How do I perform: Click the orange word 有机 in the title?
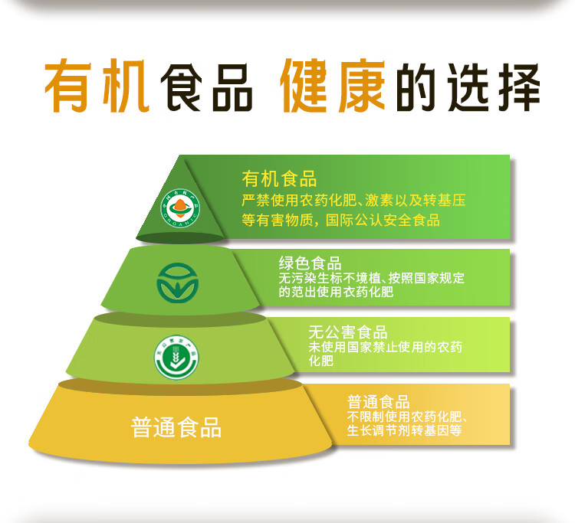coord(95,86)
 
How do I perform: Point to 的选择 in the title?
coord(468,86)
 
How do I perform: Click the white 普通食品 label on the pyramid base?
coord(176,427)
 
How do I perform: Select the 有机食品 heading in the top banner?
coord(279,180)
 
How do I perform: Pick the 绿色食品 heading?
coord(310,263)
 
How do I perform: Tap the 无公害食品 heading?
coord(348,332)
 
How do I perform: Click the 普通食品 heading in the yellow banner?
coord(379,402)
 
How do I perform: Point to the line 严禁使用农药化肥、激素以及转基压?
coord(353,201)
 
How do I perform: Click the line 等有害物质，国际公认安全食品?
coord(340,221)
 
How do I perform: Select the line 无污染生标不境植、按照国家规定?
coord(371,278)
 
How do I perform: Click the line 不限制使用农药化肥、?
coord(407,417)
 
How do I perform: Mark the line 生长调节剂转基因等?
coord(403,430)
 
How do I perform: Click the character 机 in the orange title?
coord(121,86)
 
